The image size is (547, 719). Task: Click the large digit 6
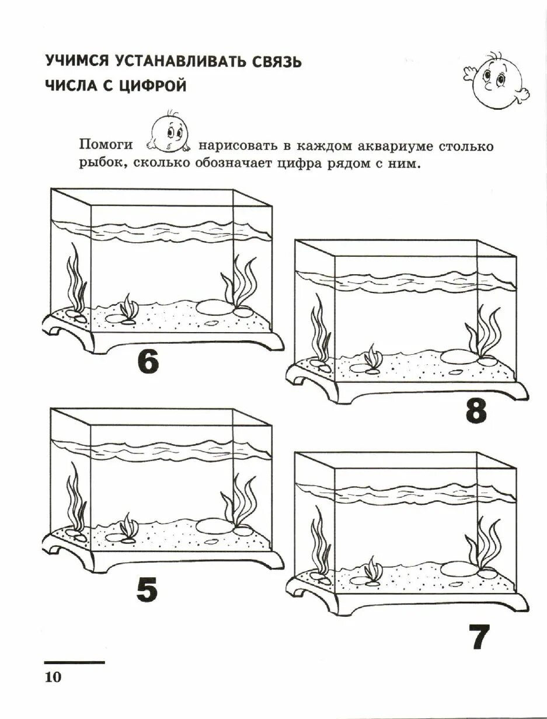[x=148, y=361]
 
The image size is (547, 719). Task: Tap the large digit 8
[x=476, y=412]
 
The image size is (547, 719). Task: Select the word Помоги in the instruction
[x=106, y=145]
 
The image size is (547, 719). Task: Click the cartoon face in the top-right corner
[x=497, y=81]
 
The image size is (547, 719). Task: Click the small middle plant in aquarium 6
[x=128, y=308]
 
